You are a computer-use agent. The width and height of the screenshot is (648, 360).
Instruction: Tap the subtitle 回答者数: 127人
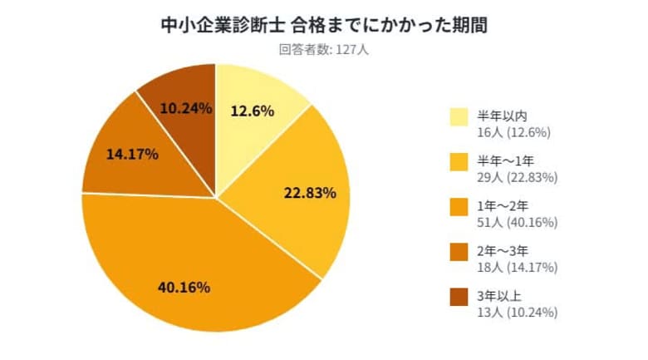point(323,49)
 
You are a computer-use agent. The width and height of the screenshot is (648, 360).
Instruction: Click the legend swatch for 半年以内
point(459,118)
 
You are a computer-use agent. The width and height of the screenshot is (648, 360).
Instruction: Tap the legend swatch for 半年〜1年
point(459,163)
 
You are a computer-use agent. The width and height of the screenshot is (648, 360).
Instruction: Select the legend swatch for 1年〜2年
point(459,208)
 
